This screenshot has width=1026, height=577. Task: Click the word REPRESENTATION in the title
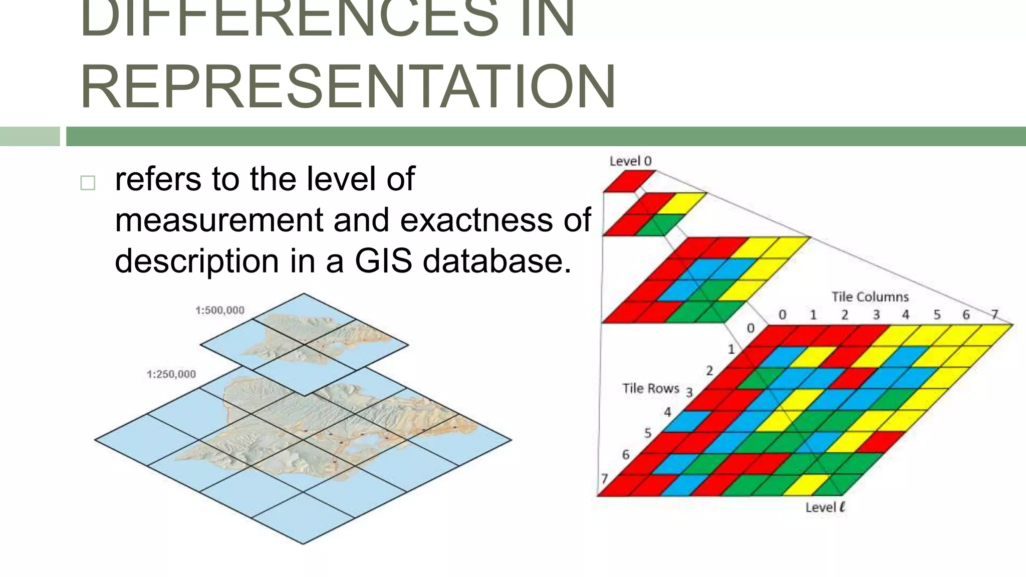tap(348, 86)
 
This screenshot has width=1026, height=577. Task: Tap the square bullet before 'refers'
tap(88, 183)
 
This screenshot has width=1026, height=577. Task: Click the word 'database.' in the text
tap(497, 261)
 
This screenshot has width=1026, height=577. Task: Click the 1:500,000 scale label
tap(220, 311)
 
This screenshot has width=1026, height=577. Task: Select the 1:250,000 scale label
tap(171, 374)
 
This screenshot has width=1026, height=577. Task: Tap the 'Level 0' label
tap(630, 161)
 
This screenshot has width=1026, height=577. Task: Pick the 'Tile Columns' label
tap(870, 297)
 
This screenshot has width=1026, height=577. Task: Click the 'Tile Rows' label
tap(650, 388)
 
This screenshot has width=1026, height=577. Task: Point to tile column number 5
tap(936, 315)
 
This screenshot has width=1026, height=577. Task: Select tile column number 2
tap(845, 315)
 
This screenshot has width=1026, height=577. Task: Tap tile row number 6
tap(626, 455)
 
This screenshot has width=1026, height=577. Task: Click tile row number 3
tap(689, 392)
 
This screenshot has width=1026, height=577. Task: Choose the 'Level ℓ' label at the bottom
tap(825, 507)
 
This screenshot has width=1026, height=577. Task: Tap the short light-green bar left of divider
tap(30, 136)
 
